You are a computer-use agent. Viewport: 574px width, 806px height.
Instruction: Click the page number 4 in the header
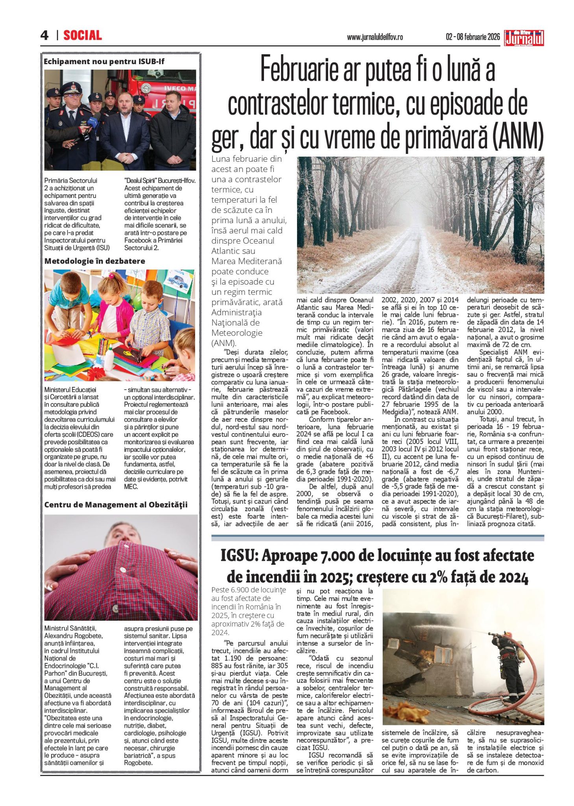pyautogui.click(x=44, y=35)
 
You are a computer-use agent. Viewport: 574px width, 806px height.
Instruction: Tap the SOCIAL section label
pyautogui.click(x=83, y=35)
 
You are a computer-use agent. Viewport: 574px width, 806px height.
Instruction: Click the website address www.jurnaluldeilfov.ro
pyautogui.click(x=375, y=37)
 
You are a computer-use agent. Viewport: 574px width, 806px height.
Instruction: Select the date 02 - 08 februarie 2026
pyautogui.click(x=472, y=37)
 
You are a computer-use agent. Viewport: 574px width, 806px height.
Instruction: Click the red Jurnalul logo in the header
pyautogui.click(x=524, y=38)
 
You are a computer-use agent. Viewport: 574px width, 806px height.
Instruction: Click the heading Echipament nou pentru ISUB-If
pyautogui.click(x=104, y=61)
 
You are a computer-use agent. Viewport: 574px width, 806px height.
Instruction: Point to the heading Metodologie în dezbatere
pyautogui.click(x=94, y=261)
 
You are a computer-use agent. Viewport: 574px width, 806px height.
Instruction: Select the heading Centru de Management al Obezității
pyautogui.click(x=116, y=505)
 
